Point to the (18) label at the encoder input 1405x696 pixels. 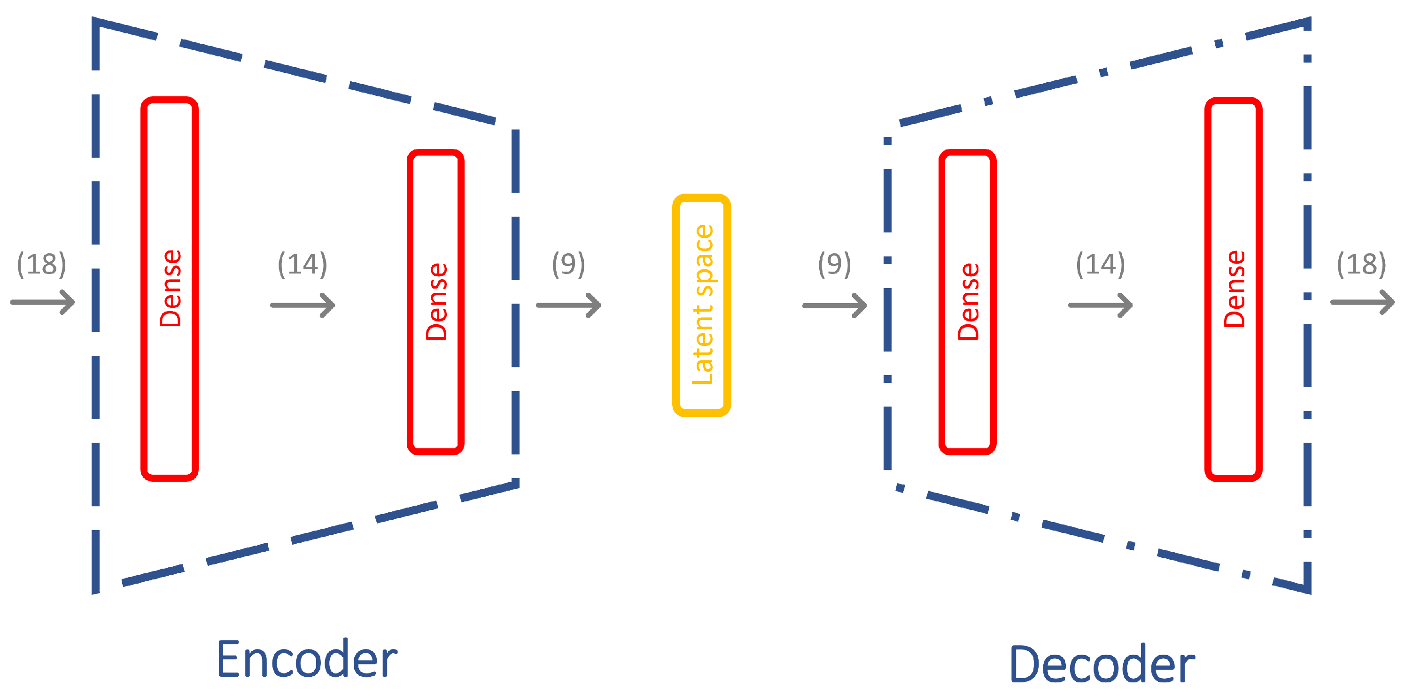pyautogui.click(x=41, y=264)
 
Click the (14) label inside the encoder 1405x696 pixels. pyautogui.click(x=302, y=264)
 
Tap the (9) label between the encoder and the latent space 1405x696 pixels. pyautogui.click(x=568, y=264)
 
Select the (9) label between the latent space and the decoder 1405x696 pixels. pyautogui.click(x=834, y=264)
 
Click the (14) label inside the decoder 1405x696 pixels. pyautogui.click(x=1100, y=264)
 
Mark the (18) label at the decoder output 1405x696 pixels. pyautogui.click(x=1361, y=264)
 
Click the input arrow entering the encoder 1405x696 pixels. pyautogui.click(x=43, y=302)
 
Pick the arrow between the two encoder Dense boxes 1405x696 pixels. pyautogui.click(x=303, y=305)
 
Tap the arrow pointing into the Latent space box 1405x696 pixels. pyautogui.click(x=568, y=305)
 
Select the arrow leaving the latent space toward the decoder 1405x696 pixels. pyautogui.click(x=834, y=305)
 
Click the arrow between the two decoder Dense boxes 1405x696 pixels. pyautogui.click(x=1100, y=305)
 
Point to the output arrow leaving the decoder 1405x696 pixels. pyautogui.click(x=1362, y=302)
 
